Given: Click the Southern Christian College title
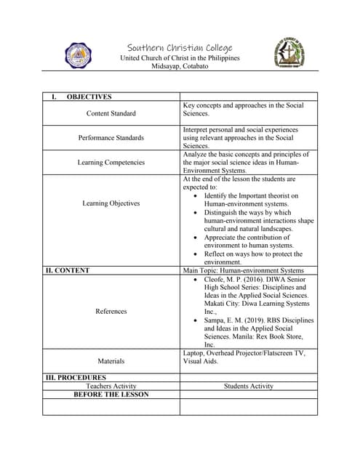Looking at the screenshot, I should click(179, 47).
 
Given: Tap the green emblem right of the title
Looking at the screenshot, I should click(289, 54).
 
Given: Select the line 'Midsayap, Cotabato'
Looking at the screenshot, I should click(179, 66).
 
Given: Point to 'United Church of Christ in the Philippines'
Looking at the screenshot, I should click(179, 58).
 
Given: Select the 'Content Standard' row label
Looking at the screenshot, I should click(111, 113).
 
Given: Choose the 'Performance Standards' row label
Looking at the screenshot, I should click(111, 137).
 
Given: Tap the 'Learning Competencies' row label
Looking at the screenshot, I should click(111, 163).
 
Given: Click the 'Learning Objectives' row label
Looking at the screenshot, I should click(111, 203).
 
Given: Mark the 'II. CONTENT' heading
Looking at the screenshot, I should click(68, 270).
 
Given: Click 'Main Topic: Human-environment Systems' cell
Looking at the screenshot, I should click(243, 270).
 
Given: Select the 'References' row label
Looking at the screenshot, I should click(111, 311).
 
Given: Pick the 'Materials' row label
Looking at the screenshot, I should click(111, 360).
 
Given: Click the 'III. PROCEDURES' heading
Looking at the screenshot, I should click(76, 378).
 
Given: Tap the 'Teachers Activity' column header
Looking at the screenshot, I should click(111, 386).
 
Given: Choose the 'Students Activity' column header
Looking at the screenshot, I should click(249, 386).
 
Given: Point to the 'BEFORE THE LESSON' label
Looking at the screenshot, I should click(111, 395).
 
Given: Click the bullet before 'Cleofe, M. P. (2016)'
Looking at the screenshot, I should click(199, 279).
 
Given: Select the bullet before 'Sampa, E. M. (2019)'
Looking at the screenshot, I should click(199, 320).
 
